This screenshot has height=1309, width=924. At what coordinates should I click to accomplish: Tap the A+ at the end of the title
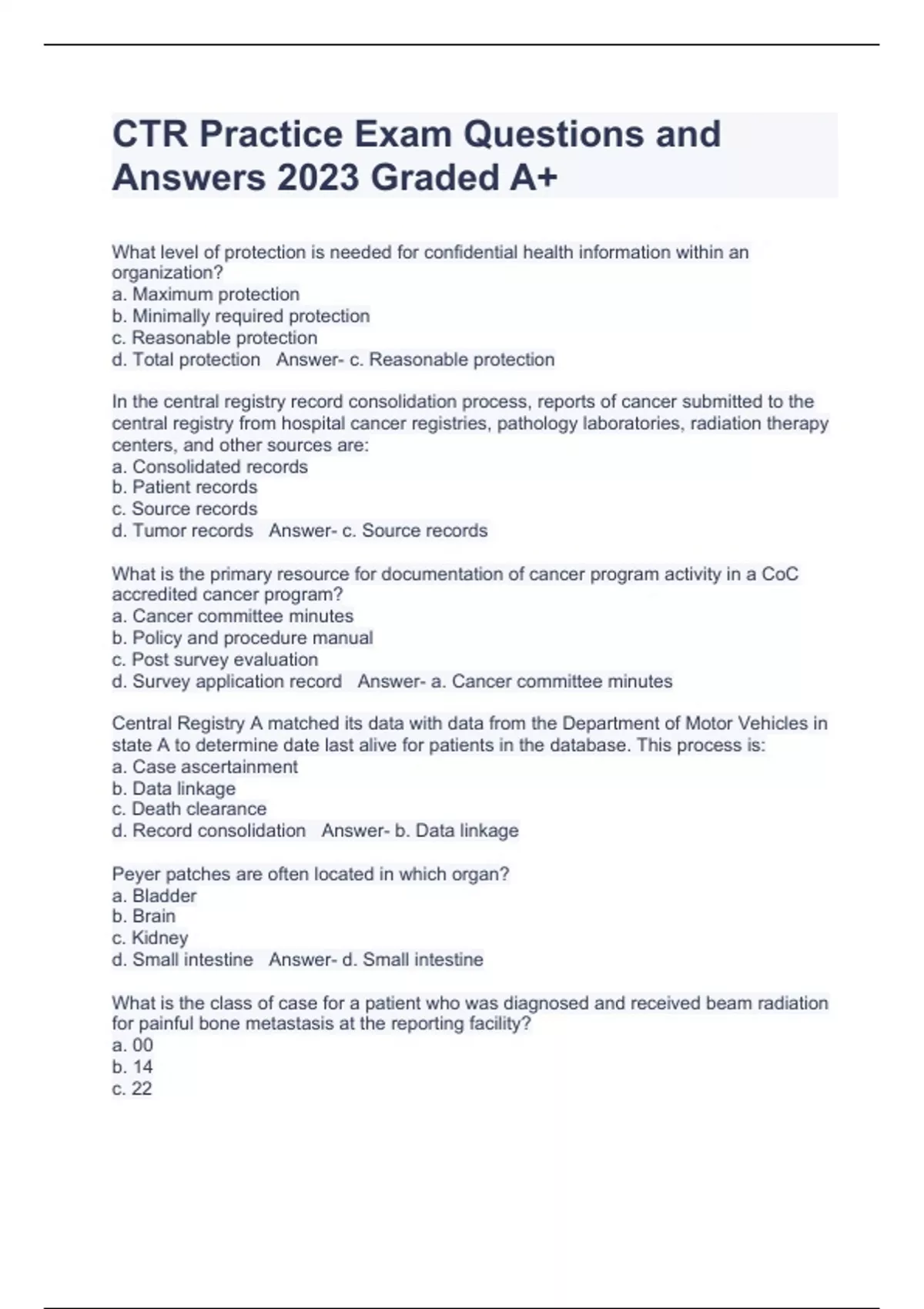[533, 179]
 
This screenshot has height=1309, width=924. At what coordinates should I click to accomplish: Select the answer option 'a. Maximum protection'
[206, 294]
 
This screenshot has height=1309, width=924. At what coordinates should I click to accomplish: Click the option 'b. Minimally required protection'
[241, 316]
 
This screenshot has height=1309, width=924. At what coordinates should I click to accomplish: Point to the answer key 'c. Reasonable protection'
[452, 360]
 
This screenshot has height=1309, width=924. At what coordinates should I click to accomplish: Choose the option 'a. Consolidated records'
[209, 467]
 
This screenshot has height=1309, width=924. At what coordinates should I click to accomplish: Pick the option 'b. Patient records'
[185, 487]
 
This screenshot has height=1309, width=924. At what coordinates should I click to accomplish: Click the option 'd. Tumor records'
[182, 531]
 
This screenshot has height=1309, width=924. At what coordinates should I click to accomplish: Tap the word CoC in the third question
[779, 574]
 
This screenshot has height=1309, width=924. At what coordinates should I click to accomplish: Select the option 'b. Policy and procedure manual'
[243, 638]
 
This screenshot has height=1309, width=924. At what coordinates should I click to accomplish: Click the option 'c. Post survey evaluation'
[215, 660]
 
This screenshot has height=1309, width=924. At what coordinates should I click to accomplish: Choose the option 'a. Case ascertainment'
[205, 767]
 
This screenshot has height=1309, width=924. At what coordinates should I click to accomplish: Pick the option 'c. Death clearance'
[189, 809]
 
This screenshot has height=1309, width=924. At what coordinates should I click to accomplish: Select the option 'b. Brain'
[144, 916]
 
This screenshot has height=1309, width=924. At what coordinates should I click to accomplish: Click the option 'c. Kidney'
[150, 938]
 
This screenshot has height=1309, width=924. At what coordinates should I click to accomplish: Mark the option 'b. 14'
[132, 1067]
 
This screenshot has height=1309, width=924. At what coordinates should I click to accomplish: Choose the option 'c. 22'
[132, 1089]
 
